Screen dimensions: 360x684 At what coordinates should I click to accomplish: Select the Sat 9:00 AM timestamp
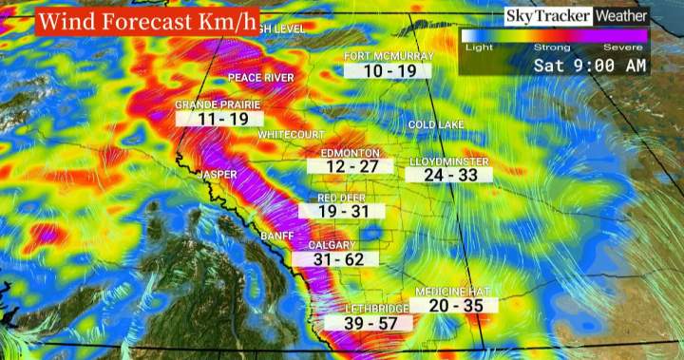pyautogui.click(x=589, y=66)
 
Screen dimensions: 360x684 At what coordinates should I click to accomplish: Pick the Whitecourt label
pyautogui.click(x=291, y=136)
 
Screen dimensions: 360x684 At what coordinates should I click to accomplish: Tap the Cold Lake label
pyautogui.click(x=435, y=125)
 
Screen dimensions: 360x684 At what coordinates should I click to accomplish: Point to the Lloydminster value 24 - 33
pyautogui.click(x=450, y=175)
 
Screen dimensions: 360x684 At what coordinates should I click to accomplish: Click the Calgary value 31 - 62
pyautogui.click(x=343, y=258)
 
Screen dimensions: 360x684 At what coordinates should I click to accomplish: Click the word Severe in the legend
pyautogui.click(x=632, y=47)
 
